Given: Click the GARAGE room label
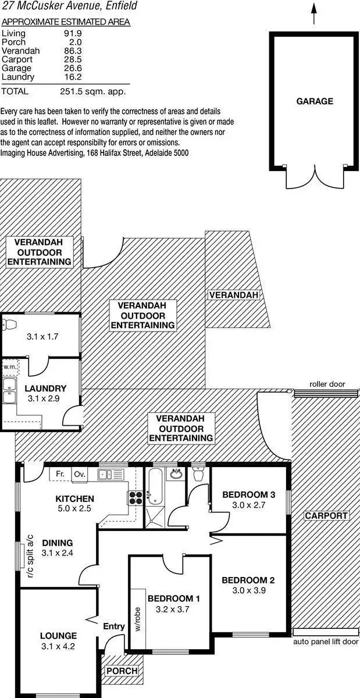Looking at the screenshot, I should [x=315, y=101].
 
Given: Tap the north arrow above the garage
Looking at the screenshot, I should [x=315, y=13].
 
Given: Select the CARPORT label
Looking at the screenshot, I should [x=326, y=515].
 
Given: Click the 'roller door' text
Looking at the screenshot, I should [x=327, y=384].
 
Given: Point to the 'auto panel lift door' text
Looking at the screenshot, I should [x=326, y=642].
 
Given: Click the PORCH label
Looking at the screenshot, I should [x=122, y=671].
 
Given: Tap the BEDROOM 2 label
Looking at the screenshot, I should [x=248, y=580].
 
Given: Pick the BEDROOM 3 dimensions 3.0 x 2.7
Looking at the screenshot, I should [x=248, y=505].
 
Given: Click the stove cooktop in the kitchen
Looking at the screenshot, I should [x=136, y=497].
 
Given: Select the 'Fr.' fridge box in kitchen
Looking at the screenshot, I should [x=59, y=474].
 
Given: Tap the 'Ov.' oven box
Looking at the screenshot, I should [x=79, y=474].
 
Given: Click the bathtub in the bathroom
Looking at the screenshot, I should [x=154, y=486].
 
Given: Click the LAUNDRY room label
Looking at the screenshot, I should [x=45, y=388].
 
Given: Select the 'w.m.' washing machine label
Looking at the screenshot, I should [x=9, y=367].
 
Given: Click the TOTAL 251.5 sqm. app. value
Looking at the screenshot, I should [x=92, y=91].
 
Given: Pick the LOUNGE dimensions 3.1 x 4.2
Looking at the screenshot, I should [x=58, y=646].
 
